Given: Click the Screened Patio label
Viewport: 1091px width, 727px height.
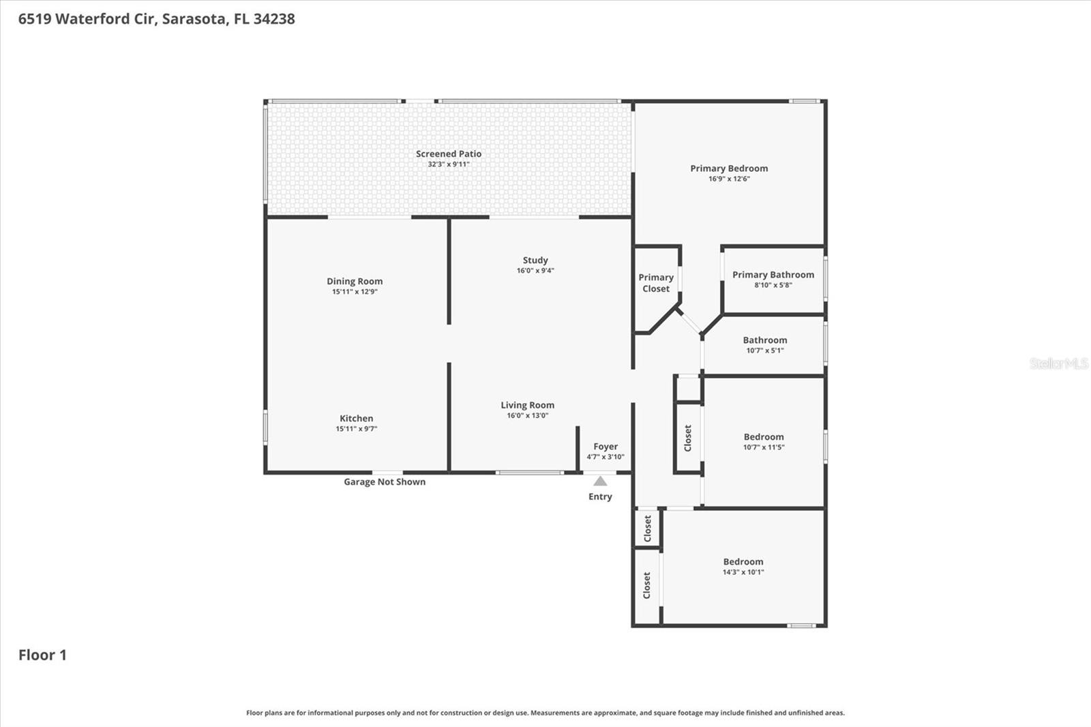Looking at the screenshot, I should point(449,154).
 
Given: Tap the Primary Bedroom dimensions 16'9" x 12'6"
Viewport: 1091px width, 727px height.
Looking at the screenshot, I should point(729,179).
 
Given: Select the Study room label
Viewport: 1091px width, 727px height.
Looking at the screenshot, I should point(535,260).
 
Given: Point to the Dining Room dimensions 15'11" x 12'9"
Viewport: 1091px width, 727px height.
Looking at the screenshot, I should point(355,292).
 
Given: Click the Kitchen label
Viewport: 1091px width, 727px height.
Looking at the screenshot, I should point(356,418).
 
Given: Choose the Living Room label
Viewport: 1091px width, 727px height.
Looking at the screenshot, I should point(527,405).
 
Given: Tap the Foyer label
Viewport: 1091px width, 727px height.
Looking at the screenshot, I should point(606,447).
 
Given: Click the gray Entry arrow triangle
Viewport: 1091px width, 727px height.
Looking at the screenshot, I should point(600,481).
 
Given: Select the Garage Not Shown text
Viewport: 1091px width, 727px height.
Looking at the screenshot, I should point(385,481).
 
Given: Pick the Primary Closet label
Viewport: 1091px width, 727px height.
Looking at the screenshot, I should point(656,283).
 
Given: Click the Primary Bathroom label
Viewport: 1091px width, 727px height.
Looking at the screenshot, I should point(773,274).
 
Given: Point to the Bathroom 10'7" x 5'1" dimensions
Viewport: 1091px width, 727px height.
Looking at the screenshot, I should point(765,351).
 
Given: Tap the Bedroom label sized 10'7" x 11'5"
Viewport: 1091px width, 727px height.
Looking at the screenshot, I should point(764,436).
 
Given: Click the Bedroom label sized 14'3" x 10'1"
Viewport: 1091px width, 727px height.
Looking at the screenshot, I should point(743,561).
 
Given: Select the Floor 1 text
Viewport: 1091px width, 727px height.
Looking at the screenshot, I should point(42,655).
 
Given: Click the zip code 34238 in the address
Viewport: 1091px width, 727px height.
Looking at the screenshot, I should point(274,19).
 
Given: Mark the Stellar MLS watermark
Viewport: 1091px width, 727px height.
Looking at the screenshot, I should point(1058,363).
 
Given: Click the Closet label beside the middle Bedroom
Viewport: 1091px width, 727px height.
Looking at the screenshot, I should point(688,438).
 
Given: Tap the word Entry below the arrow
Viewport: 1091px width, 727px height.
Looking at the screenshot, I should point(600,496).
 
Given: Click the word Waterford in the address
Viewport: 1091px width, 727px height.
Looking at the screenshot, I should point(91,19).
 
